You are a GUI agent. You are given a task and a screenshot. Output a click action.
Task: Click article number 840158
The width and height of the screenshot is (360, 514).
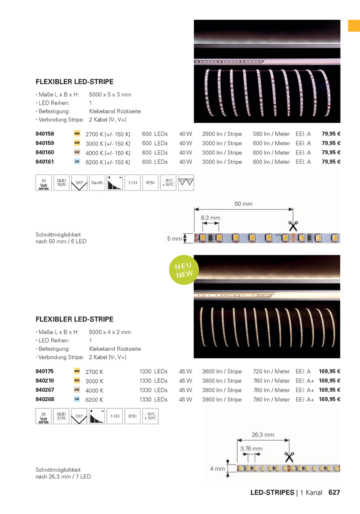[x=45, y=134]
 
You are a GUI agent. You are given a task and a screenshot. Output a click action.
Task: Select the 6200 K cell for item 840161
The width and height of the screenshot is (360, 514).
[x=108, y=162]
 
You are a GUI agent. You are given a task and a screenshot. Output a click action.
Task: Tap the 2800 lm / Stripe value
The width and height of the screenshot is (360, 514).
[x=222, y=134]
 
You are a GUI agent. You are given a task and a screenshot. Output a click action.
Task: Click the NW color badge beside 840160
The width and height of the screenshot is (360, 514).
[x=77, y=152]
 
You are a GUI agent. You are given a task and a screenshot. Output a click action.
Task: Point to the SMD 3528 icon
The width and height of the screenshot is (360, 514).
[x=61, y=182]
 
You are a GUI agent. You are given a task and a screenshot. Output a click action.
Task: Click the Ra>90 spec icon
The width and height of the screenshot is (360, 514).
[x=97, y=182]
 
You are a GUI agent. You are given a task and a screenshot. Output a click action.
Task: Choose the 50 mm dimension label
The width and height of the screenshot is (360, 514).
[x=243, y=204]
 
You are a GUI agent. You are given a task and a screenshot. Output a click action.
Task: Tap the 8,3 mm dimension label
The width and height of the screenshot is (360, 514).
[x=210, y=218]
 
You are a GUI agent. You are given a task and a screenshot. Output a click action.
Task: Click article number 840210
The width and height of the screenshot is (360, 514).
[x=45, y=381]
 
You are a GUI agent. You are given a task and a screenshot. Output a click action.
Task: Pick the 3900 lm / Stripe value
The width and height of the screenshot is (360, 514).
[x=222, y=399]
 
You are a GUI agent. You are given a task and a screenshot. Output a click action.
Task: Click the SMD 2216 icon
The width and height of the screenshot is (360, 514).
[x=61, y=416]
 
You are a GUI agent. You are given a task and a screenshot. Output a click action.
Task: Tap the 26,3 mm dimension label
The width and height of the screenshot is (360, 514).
[x=263, y=434]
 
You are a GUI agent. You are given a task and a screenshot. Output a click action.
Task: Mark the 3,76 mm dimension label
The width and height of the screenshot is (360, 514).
[x=251, y=448]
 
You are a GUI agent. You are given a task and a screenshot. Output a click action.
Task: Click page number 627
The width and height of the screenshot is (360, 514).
[x=334, y=492]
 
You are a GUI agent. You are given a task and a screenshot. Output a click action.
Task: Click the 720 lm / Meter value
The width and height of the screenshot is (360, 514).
[x=271, y=371]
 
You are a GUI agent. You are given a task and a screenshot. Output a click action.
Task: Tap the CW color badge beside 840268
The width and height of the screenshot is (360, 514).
[x=77, y=399]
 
